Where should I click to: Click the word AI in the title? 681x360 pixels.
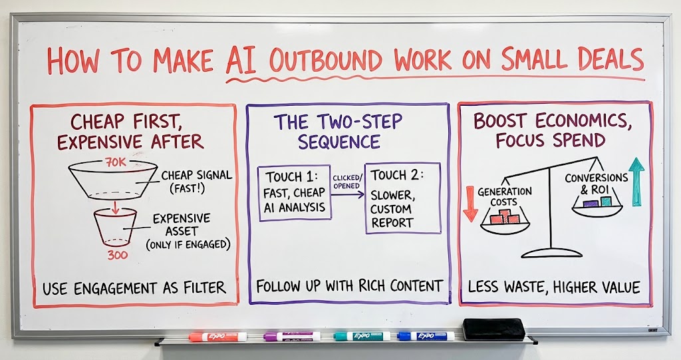[241, 60]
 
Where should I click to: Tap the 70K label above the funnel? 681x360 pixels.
[115, 163]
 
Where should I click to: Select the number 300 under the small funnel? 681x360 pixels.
[118, 256]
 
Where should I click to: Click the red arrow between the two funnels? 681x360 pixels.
[114, 208]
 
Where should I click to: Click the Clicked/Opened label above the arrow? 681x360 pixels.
[346, 182]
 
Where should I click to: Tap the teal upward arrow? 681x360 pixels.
[636, 181]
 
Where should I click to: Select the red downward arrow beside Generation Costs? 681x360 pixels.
[470, 204]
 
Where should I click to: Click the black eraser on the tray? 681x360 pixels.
[494, 329]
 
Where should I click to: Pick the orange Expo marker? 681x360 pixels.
[217, 337]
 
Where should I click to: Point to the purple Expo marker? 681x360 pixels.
[292, 337]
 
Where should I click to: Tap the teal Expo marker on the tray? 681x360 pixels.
[362, 336]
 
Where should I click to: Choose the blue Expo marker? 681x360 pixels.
[426, 336]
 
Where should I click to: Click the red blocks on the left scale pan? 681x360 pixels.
[505, 217]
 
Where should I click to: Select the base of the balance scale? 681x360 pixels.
[551, 253]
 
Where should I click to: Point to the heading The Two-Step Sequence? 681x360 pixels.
[339, 132]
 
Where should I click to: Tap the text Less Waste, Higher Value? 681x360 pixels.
[554, 287]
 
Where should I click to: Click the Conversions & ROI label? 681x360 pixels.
[597, 184]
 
